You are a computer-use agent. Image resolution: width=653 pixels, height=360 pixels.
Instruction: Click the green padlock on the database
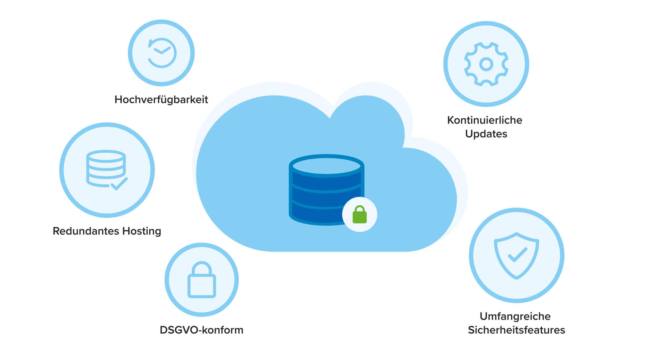[359, 215]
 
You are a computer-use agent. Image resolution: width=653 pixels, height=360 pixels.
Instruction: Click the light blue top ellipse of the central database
[326, 165]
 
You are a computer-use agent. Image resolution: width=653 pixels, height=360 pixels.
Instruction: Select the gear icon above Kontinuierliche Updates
[486, 64]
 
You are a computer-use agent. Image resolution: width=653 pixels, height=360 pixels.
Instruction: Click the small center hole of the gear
[486, 64]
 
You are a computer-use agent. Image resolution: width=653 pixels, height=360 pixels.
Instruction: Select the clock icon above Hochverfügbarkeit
[162, 53]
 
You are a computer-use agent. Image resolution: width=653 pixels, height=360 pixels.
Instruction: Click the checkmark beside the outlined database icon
[119, 184]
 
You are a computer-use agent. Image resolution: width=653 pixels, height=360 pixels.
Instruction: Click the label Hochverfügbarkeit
[161, 100]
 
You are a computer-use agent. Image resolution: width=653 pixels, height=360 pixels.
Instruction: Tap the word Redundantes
[86, 231]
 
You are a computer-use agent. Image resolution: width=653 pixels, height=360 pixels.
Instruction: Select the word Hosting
[142, 231]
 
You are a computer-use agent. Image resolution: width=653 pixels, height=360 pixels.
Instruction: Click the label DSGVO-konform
[201, 330]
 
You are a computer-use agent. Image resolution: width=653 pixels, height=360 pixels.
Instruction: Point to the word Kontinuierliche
[485, 120]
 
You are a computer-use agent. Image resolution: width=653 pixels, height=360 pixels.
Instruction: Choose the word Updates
[486, 134]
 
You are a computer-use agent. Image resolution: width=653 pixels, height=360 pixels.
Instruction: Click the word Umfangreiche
[515, 316]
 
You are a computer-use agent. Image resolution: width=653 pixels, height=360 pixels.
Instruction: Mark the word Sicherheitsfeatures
[516, 330]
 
